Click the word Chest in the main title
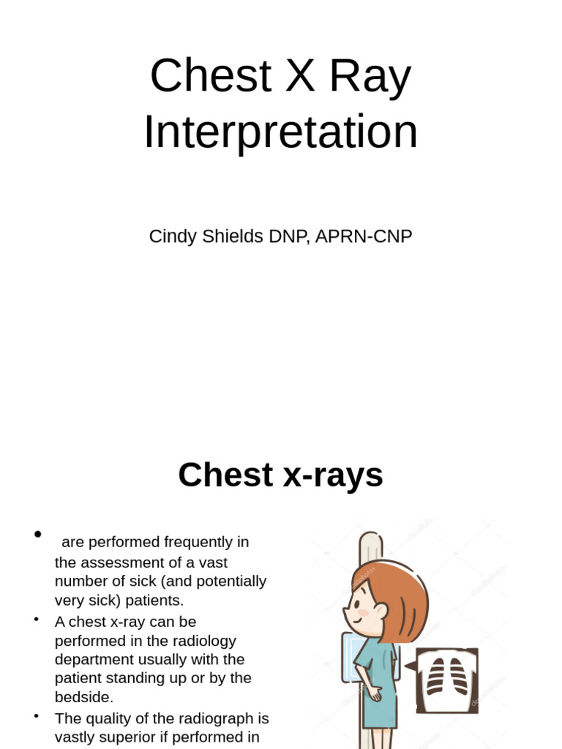[211, 76]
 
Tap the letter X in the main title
[300, 76]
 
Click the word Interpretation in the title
[280, 132]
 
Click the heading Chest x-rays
[280, 475]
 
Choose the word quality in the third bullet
[116, 718]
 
